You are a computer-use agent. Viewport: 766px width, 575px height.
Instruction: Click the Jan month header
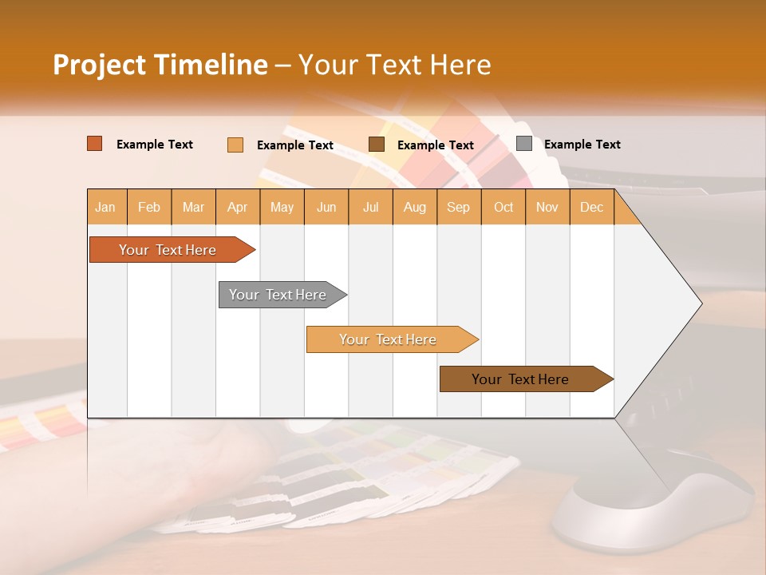(106, 207)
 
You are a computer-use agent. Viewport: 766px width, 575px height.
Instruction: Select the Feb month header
(149, 207)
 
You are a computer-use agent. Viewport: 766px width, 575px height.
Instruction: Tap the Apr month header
(238, 207)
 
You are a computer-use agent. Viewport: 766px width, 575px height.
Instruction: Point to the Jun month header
(326, 207)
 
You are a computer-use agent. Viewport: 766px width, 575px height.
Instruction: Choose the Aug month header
(415, 207)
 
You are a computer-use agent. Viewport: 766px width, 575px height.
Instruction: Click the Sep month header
(459, 207)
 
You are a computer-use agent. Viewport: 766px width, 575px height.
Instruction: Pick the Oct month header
(503, 207)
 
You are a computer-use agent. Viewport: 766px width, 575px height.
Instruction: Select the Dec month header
(592, 207)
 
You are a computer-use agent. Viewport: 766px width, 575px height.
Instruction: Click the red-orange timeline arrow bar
(168, 250)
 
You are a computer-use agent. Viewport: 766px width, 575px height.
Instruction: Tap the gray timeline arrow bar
(278, 295)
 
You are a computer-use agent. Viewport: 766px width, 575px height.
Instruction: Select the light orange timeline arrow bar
(389, 339)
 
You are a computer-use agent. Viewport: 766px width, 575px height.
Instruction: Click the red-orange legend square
(95, 144)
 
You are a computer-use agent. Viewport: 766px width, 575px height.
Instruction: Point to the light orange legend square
(235, 145)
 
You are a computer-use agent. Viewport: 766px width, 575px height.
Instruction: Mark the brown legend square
(377, 144)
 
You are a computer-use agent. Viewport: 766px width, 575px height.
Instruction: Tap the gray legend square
(524, 144)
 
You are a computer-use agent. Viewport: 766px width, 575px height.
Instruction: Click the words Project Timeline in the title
(160, 65)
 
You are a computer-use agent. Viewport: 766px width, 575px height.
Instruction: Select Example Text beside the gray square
(582, 145)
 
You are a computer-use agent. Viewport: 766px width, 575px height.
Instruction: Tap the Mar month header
(193, 207)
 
